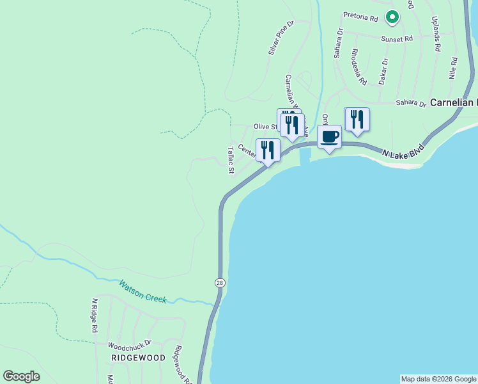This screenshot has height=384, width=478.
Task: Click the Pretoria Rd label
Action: [x=362, y=15]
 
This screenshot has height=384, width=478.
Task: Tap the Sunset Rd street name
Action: [x=397, y=39]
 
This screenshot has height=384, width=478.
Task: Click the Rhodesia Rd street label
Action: [x=358, y=67]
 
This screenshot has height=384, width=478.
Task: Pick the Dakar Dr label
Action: [x=383, y=71]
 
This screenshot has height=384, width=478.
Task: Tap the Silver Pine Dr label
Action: [x=281, y=37]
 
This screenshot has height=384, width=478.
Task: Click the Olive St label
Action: [x=265, y=127]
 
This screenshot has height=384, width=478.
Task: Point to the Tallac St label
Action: [x=231, y=160]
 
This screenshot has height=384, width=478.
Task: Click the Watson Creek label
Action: [x=143, y=291]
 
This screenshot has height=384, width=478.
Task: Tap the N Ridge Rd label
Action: [x=94, y=315]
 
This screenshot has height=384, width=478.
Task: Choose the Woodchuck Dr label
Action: [x=130, y=344]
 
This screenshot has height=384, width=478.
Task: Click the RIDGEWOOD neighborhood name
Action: [x=138, y=358]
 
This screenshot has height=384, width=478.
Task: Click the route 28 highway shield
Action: [x=219, y=282]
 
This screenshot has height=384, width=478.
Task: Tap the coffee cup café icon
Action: [x=329, y=137]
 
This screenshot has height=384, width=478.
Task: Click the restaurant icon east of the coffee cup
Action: [x=357, y=119]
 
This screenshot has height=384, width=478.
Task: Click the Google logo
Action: [x=21, y=376]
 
